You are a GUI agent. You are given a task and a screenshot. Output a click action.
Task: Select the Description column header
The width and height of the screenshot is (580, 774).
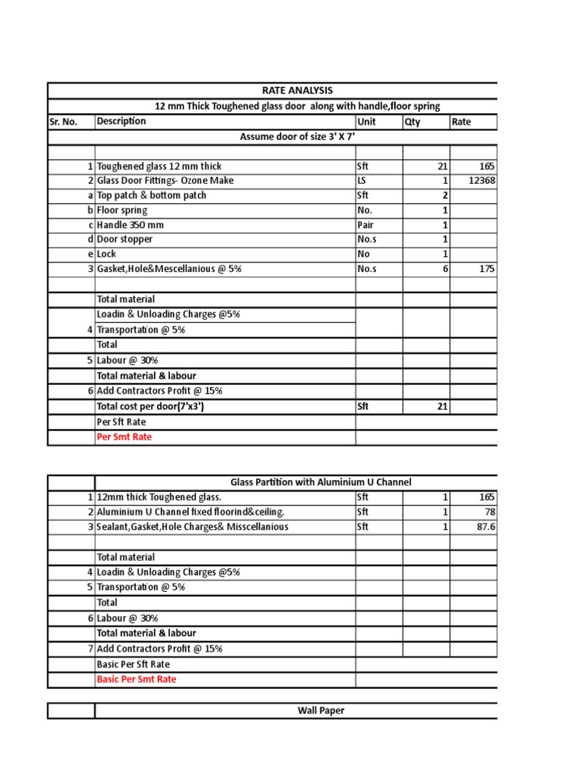pos(122,122)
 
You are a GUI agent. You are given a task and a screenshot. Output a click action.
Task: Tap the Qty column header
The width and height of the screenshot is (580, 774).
pos(412,122)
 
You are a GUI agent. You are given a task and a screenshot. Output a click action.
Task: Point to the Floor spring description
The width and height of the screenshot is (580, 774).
pos(122,210)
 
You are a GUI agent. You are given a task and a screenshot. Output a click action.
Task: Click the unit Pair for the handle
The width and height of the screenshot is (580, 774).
pos(366,224)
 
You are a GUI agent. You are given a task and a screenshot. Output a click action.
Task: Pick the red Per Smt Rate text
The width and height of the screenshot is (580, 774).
pos(124,437)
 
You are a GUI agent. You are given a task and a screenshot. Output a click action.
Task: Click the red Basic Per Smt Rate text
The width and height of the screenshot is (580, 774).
pos(137,680)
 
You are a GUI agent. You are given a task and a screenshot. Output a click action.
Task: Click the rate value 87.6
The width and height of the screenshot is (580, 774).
pos(486,527)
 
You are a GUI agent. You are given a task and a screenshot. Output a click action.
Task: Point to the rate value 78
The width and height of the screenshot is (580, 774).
pos(489,512)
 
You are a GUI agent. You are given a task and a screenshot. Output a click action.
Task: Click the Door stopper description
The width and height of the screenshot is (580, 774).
pos(125,239)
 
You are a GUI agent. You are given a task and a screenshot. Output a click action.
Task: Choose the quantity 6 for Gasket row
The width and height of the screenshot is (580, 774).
pos(446,268)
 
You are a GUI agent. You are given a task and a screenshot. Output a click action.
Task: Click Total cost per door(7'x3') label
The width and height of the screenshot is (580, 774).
pos(151,407)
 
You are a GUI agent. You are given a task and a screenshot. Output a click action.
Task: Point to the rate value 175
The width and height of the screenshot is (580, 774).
pos(486,268)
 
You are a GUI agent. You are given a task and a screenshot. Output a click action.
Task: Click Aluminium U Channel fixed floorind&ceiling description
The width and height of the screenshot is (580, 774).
pos(180,512)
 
